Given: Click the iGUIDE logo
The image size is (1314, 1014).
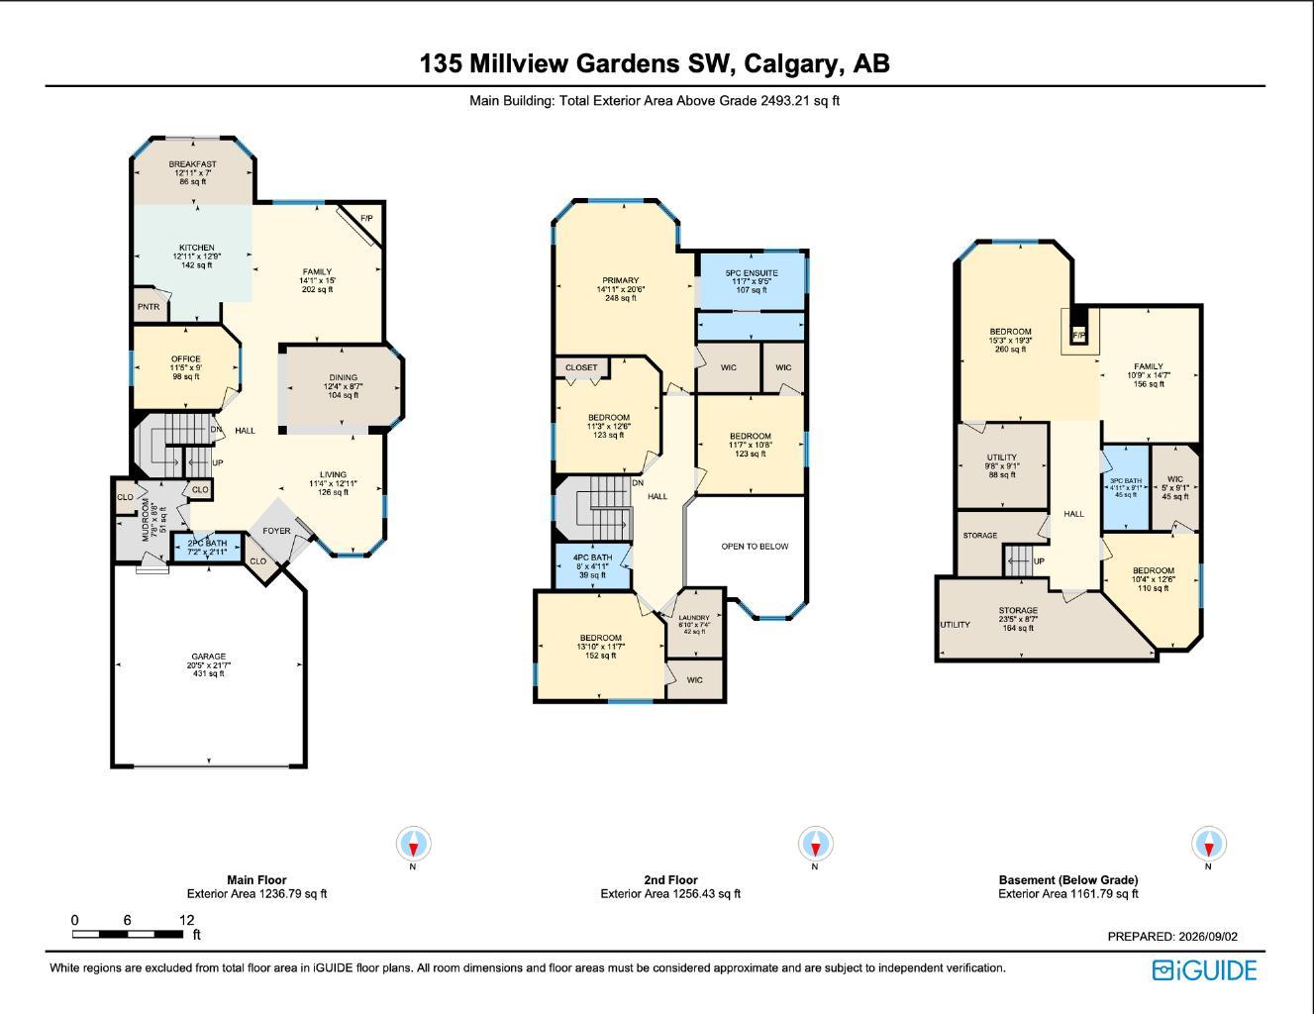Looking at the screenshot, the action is tap(1204, 970).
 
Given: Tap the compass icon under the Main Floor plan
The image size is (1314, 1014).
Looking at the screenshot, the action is tap(414, 843).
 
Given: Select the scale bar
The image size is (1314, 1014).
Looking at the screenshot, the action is tap(128, 934).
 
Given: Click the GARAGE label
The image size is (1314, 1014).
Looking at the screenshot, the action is tap(209, 657).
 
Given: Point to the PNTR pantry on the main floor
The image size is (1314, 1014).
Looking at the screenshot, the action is tap(149, 307).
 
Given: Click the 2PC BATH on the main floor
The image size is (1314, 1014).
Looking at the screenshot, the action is tap(207, 548).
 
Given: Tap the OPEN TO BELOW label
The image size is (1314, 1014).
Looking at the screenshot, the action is tap(755, 546).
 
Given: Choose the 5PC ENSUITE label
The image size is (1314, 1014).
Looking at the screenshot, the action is tap(752, 272).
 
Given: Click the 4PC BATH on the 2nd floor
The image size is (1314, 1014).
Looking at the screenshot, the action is tap(593, 566).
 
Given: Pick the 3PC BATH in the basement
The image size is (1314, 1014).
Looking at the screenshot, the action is tap(1125, 488).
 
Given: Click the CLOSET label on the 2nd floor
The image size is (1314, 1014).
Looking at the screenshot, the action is tap(581, 367).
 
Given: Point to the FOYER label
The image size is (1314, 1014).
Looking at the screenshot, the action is tap(276, 531).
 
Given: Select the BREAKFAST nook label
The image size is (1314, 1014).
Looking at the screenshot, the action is tap(192, 163).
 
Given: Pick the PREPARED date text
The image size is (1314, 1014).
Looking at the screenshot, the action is tap(1172, 937).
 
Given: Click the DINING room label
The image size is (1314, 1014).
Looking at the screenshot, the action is tap(343, 377).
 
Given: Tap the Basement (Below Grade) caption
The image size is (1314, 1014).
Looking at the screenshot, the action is tap(1068, 879).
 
